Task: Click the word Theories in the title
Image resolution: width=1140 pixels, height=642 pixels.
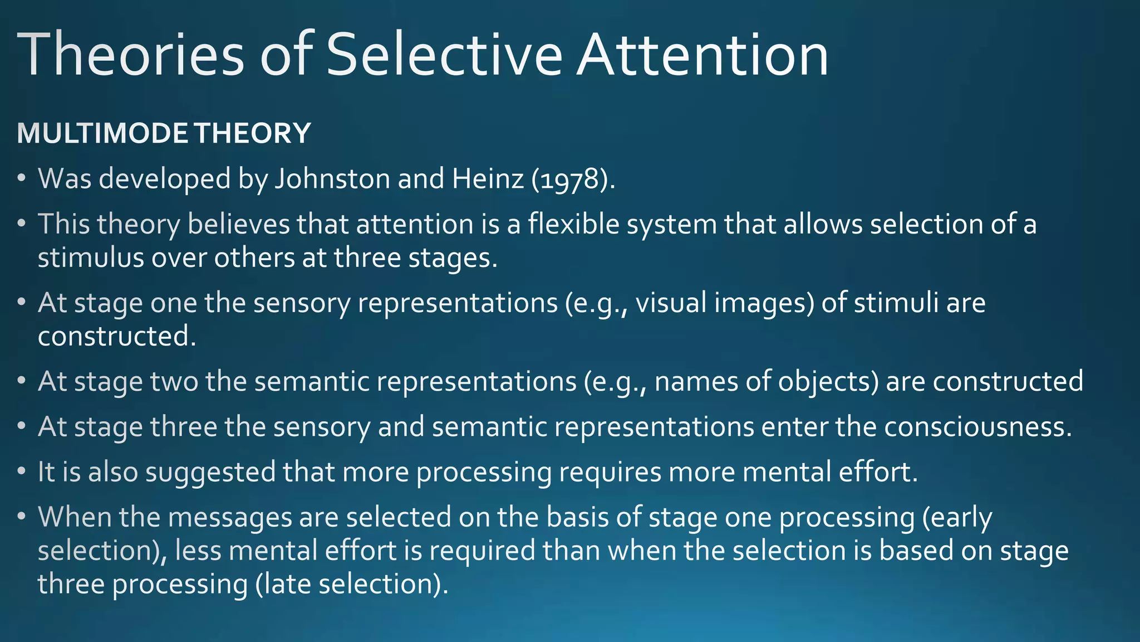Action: click(131, 55)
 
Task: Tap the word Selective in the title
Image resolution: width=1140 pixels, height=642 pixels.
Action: click(444, 55)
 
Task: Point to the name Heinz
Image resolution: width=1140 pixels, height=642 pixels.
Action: click(488, 179)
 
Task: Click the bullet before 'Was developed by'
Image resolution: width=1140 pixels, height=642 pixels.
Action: click(22, 179)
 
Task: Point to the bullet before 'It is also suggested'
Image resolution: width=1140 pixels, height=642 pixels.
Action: click(22, 472)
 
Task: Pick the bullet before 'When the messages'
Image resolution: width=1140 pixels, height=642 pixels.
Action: click(22, 517)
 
